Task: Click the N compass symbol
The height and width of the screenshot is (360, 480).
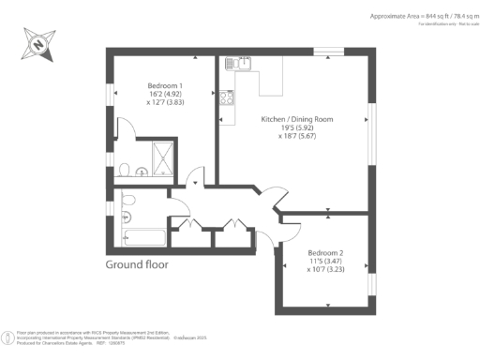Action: [37, 42]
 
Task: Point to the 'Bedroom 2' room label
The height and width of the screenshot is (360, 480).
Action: [327, 253]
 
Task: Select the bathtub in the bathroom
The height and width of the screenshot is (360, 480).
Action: [143, 237]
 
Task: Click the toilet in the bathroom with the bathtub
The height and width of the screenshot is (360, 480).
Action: [128, 201]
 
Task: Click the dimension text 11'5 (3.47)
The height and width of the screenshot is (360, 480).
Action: [327, 262]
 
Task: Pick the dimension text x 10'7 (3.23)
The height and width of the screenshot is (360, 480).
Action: [327, 271]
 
